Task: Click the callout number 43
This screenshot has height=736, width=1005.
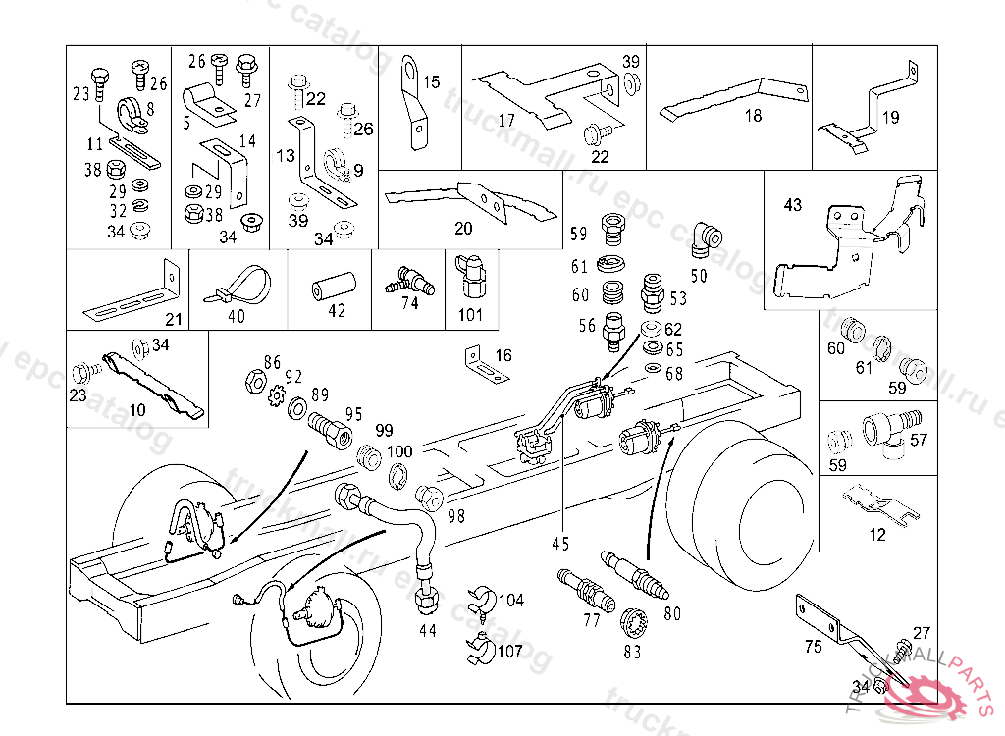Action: point(793,205)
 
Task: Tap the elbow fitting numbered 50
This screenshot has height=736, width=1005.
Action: point(705,238)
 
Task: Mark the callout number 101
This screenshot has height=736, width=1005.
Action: point(471,316)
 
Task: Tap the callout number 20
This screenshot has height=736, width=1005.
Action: point(463,229)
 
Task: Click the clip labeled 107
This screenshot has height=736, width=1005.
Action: point(480,649)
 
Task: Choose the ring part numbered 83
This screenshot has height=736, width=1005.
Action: point(637,622)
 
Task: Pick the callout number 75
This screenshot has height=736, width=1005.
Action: point(813,646)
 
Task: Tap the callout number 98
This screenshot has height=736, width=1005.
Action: point(456,516)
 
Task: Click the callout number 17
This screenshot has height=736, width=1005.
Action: point(506,121)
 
